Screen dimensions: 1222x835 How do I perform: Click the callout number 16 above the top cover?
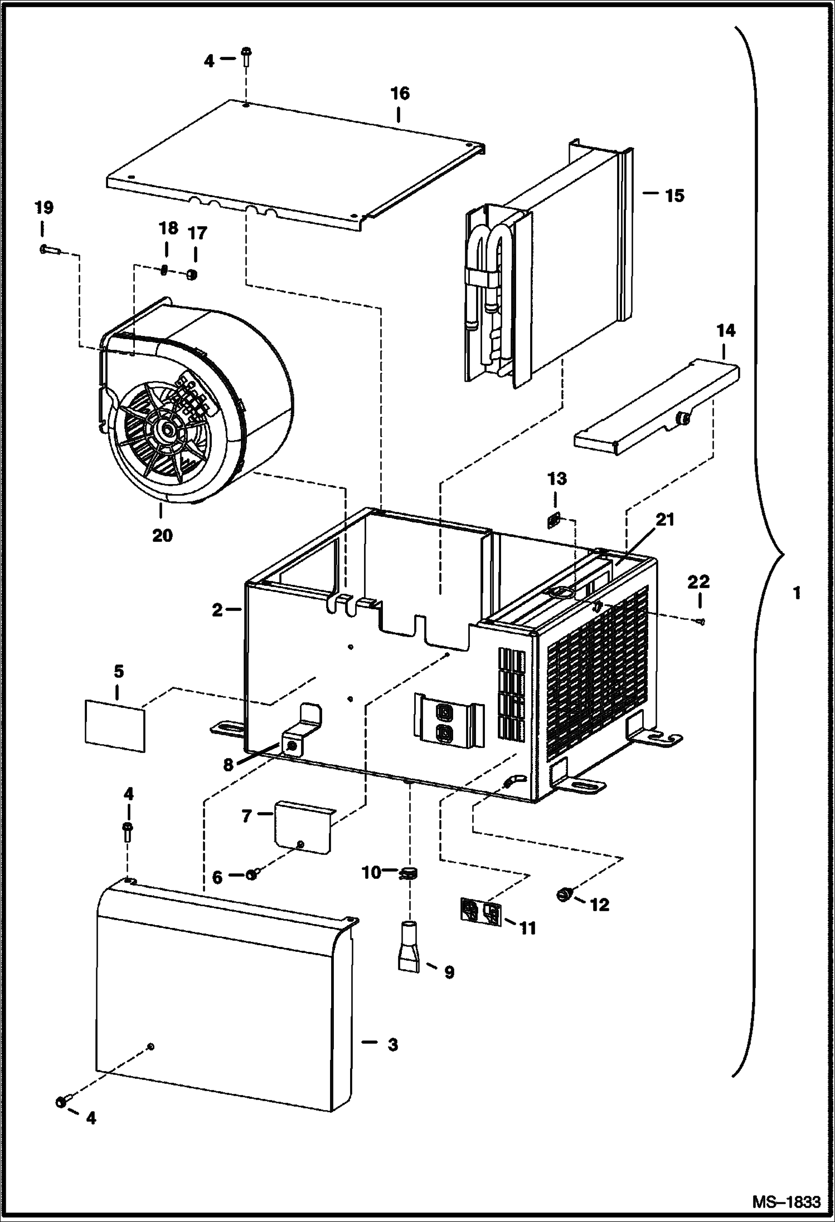[400, 94]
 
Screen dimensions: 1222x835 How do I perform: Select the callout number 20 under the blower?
[162, 536]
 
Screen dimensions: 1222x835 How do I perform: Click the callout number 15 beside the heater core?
[674, 196]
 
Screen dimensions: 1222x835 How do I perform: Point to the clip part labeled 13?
[554, 520]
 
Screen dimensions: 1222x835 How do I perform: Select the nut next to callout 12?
[564, 896]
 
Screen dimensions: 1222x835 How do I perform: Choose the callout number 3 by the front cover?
[393, 1045]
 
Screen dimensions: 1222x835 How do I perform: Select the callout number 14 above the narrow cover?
[725, 331]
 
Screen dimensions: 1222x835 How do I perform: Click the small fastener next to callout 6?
[251, 876]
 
